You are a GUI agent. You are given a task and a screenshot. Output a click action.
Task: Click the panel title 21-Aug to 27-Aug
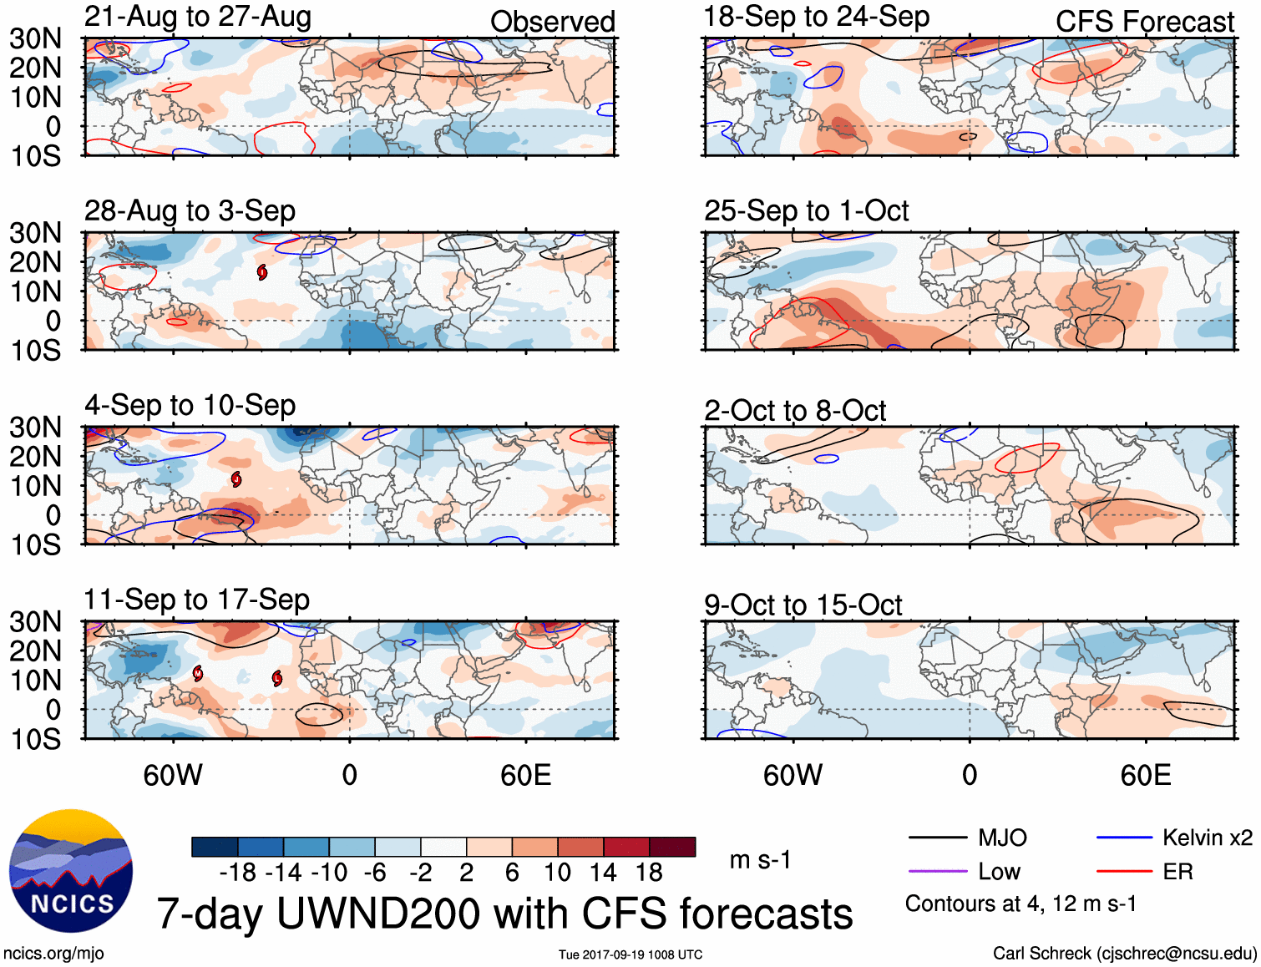198,17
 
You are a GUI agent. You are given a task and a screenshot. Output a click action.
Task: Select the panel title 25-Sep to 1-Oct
806,211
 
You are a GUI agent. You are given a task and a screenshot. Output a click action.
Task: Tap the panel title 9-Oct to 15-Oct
803,605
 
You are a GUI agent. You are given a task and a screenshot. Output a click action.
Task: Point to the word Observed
552,22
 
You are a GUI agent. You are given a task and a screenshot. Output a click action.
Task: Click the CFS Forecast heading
1144,22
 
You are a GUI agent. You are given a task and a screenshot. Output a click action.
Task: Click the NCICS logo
71,871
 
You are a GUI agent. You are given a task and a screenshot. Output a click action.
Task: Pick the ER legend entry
1177,872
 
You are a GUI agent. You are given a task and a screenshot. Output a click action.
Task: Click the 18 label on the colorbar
649,873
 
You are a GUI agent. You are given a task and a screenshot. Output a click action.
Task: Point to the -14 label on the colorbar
283,873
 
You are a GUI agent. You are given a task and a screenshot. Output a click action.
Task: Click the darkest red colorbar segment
672,847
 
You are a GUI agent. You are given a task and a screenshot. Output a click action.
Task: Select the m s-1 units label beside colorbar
760,860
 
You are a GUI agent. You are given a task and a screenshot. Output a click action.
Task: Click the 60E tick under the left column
525,775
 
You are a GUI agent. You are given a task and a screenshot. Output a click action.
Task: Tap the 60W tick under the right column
793,775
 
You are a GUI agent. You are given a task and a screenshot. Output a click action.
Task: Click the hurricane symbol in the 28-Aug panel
262,272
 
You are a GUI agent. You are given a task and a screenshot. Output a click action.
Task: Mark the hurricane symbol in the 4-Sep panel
236,478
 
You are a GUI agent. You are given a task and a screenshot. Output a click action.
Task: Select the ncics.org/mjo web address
53,954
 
